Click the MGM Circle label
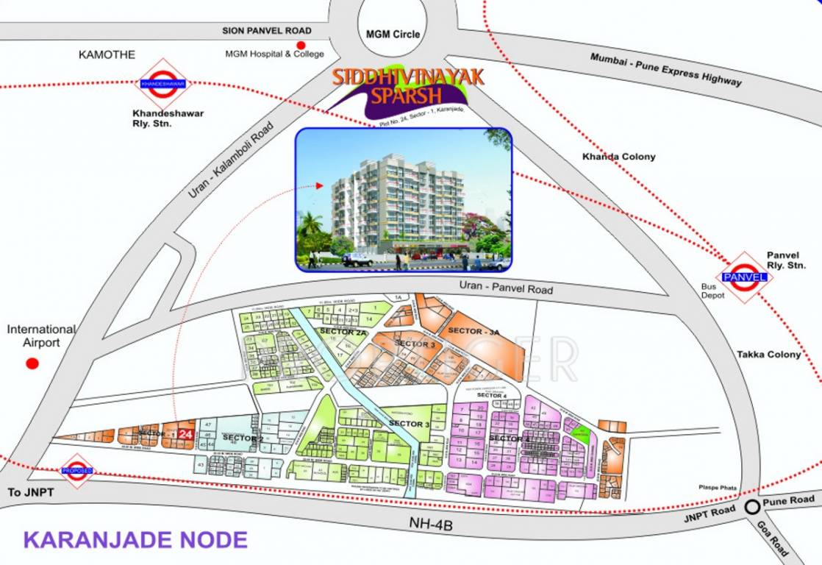click(393, 34)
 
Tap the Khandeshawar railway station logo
click(163, 84)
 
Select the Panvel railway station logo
click(746, 277)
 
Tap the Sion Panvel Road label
click(267, 31)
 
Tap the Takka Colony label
click(768, 355)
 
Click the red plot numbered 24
click(186, 435)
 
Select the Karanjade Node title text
click(135, 539)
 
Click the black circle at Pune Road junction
click(752, 507)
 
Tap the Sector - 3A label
click(473, 331)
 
